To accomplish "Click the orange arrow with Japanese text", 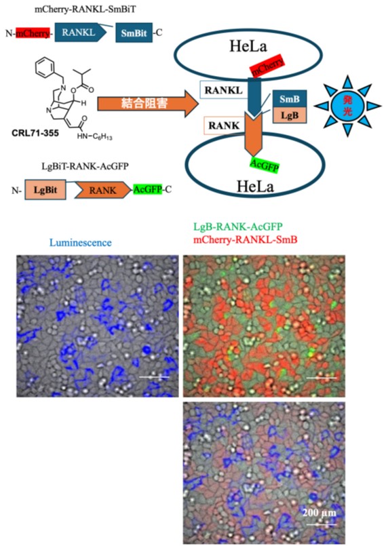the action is [148, 103].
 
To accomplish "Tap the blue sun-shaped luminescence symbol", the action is [347, 106].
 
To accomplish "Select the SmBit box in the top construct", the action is [134, 33].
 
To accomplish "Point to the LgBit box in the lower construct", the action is [45, 190].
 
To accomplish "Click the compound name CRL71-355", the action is [35, 133].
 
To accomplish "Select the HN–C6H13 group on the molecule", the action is [95, 136].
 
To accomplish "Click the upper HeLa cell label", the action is [248, 46].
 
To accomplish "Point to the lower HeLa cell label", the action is [255, 187].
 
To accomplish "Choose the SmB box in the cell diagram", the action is [290, 99].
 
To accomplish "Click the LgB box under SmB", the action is [290, 115].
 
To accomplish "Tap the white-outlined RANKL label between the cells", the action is [224, 90].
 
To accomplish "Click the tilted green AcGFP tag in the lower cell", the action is [265, 165].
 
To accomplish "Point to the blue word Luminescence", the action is [81, 243].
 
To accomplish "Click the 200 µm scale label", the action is [320, 513].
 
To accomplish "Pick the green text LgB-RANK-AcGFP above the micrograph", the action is [238, 227].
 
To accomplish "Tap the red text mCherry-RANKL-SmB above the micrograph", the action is [246, 239].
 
